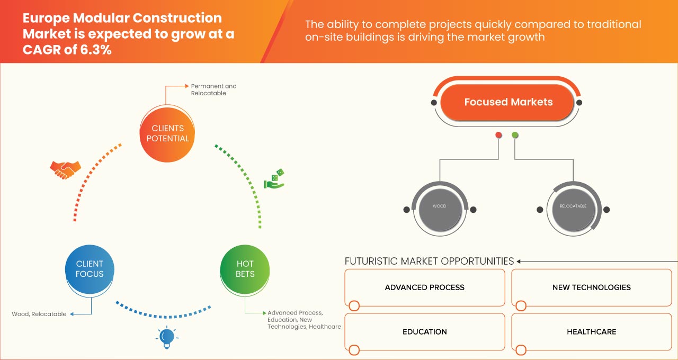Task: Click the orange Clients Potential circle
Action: tap(167, 133)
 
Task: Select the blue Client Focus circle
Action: tap(90, 269)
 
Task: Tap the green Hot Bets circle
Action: tap(245, 269)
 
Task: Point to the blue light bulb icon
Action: tap(167, 337)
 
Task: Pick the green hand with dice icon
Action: tap(274, 180)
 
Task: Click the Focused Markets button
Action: tap(508, 102)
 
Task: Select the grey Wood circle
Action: tap(439, 206)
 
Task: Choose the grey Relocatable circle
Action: tap(573, 206)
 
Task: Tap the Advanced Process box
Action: tap(424, 287)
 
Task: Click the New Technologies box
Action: tap(591, 287)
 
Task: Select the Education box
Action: tap(424, 332)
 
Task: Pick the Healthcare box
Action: tap(591, 332)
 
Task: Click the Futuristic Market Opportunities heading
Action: tap(429, 261)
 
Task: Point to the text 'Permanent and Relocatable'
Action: tap(213, 89)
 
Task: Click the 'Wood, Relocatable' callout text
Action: tap(39, 314)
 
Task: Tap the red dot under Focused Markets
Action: tap(498, 136)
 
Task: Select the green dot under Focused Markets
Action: tap(515, 136)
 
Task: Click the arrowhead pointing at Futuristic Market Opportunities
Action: tap(520, 261)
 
